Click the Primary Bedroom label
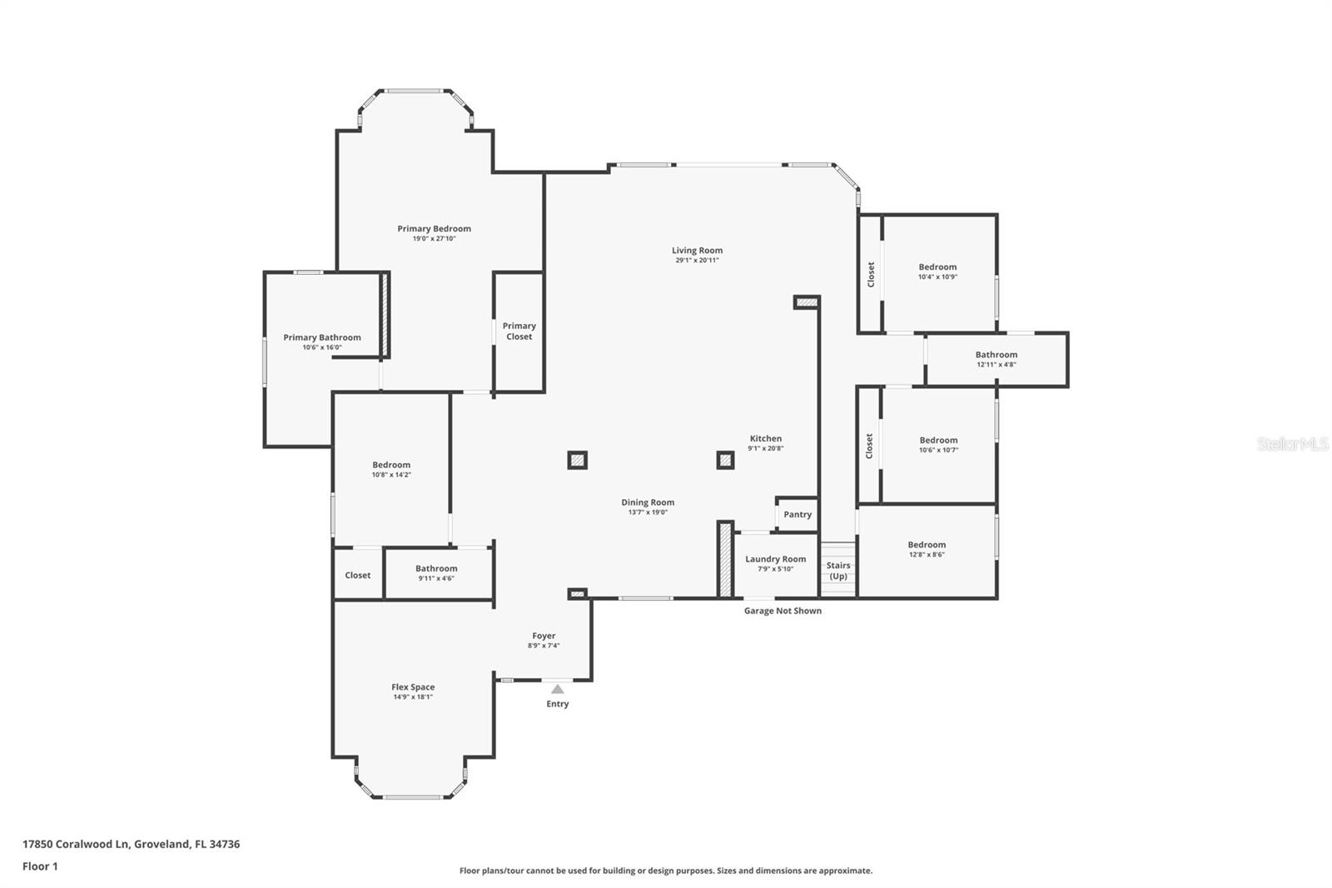(434, 229)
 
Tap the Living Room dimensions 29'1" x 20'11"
(697, 261)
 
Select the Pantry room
(797, 515)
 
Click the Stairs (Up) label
(838, 571)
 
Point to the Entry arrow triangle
(557, 689)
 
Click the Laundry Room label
(775, 560)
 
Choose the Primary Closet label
(519, 332)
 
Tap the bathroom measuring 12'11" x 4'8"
(996, 360)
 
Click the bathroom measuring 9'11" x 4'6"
(436, 573)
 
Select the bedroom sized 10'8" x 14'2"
(391, 470)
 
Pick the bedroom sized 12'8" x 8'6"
(927, 550)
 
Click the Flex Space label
(413, 687)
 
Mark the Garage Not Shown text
(783, 611)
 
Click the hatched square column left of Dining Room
(577, 460)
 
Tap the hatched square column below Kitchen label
(725, 460)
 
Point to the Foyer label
(544, 636)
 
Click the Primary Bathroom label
(321, 337)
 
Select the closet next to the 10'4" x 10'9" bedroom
(871, 274)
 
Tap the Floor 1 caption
(40, 866)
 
